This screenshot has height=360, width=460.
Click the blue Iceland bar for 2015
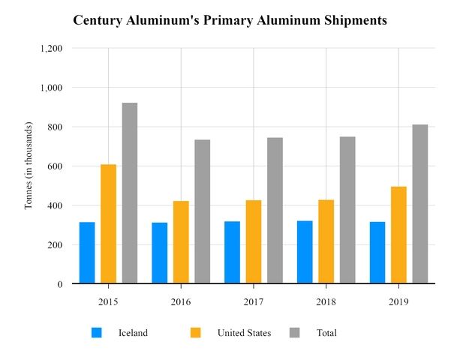pos(87,253)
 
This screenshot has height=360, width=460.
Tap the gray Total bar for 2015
pos(130,193)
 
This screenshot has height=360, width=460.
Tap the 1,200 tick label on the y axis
pos(50,48)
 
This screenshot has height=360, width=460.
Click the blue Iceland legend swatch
pos(96,332)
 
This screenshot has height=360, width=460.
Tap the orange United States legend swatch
pos(196,332)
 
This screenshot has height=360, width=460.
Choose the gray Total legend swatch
pos(295,332)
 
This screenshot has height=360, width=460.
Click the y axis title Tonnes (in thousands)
pos(29,166)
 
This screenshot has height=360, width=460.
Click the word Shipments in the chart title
pos(353,20)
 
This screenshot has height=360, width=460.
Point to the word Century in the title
pos(98,20)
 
